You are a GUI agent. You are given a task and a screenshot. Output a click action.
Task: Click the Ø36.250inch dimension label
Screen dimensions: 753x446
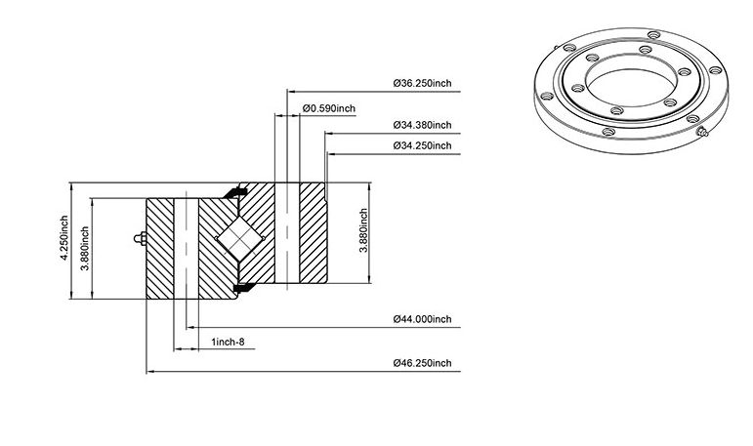click(422, 83)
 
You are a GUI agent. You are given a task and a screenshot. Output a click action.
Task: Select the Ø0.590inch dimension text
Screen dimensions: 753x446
click(329, 108)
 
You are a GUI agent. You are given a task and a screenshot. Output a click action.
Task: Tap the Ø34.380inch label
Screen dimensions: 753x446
click(422, 125)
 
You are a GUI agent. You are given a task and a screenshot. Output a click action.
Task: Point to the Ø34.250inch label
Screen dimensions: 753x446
click(422, 145)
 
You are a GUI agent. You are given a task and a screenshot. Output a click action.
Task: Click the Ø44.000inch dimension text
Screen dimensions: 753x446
click(422, 319)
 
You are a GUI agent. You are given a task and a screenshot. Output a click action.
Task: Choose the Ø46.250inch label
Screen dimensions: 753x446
click(422, 363)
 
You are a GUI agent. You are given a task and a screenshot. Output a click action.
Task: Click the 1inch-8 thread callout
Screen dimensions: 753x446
click(228, 342)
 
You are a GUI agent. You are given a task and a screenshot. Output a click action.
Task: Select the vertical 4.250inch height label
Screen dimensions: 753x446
click(63, 238)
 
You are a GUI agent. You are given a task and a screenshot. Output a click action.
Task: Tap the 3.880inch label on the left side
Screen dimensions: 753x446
click(85, 249)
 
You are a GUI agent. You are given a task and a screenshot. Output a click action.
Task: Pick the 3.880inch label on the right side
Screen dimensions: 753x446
click(363, 230)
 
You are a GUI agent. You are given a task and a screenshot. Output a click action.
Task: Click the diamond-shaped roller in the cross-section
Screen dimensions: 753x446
click(239, 238)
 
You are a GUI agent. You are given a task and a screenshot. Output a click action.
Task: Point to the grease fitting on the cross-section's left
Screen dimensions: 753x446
click(141, 238)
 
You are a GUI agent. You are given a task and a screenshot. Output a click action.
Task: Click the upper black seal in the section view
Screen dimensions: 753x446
click(235, 192)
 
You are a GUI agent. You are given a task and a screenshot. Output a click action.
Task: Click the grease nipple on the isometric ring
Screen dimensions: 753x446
click(702, 131)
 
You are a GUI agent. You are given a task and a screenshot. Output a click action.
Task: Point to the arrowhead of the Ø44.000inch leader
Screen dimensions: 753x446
click(189, 327)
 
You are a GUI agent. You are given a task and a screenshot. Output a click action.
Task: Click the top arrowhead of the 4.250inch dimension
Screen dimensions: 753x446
click(71, 185)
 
